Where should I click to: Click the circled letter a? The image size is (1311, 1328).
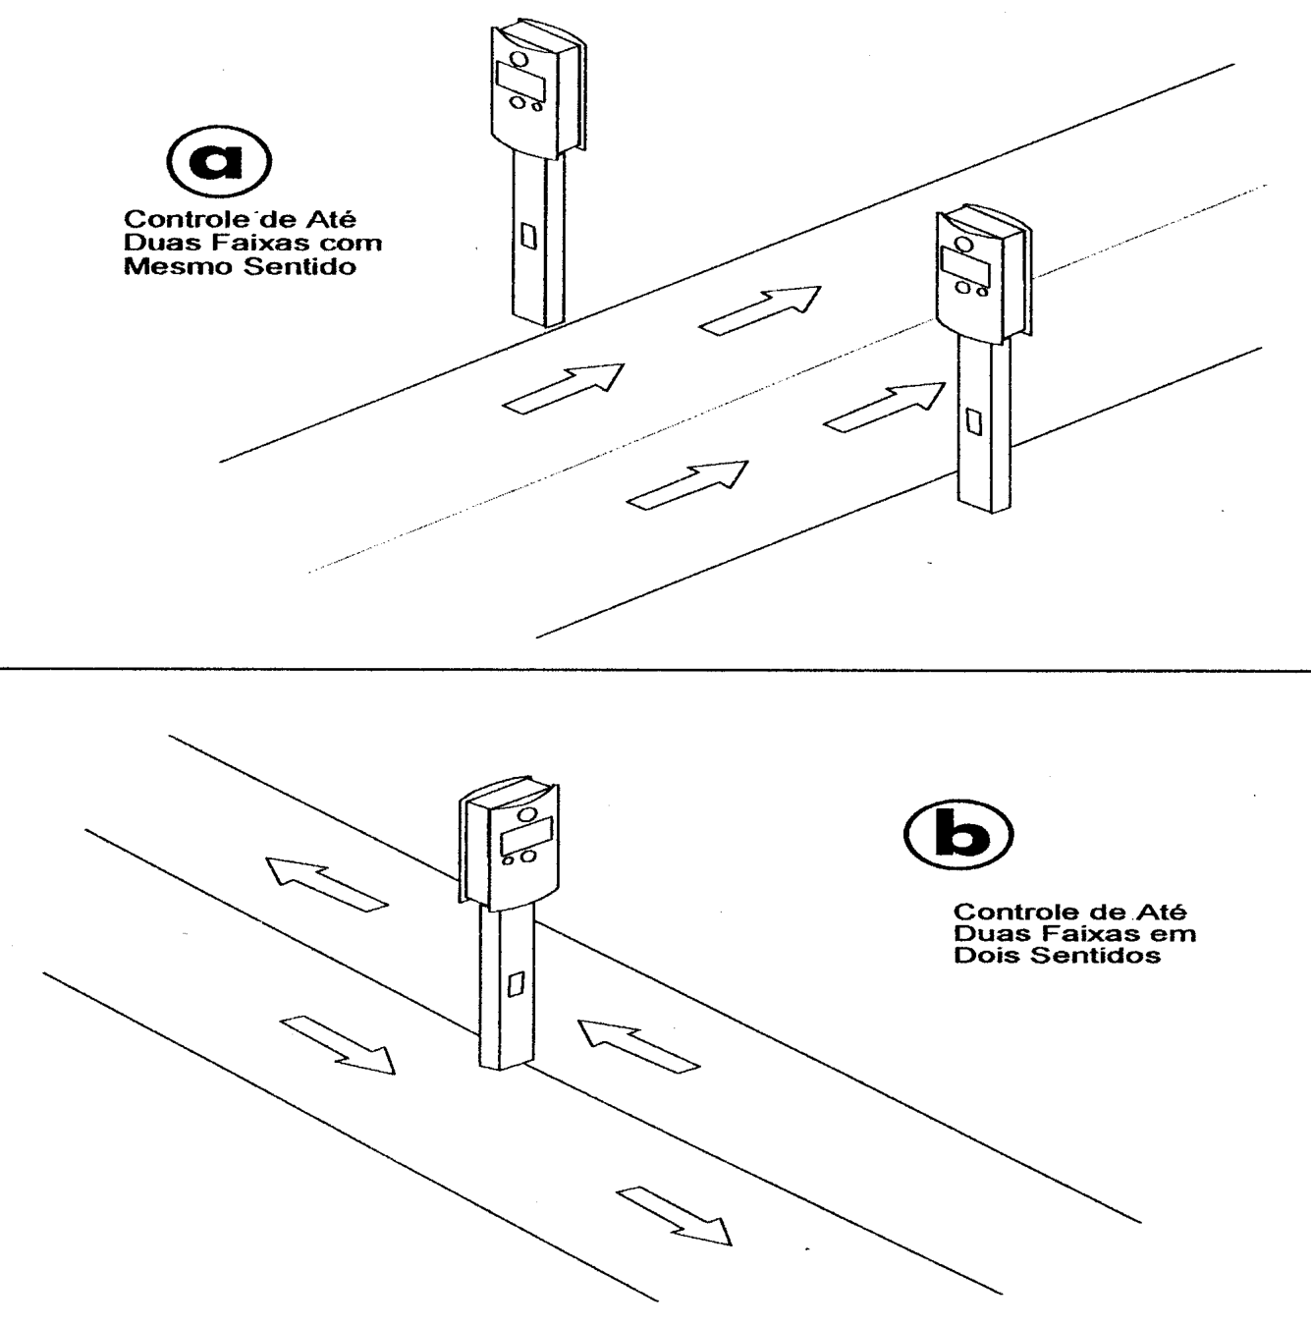click(218, 160)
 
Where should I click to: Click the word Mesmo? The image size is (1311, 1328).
click(179, 267)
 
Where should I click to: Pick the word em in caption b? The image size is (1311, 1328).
click(1175, 934)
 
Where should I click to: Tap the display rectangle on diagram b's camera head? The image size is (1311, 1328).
click(527, 838)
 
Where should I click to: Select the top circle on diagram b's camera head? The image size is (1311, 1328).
click(527, 814)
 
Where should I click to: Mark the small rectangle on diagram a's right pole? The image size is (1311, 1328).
click(974, 421)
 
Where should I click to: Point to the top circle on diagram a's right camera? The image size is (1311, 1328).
click(965, 244)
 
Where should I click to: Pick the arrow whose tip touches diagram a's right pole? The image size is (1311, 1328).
click(885, 408)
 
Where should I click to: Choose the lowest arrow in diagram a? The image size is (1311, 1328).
click(687, 485)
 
